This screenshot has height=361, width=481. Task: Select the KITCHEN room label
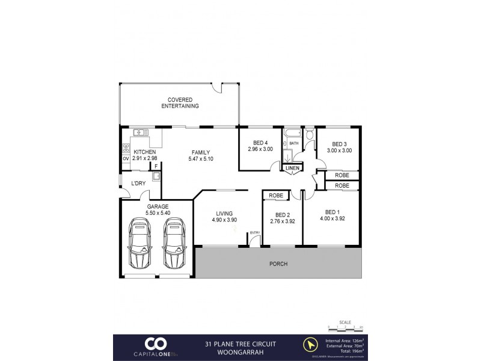[145, 152]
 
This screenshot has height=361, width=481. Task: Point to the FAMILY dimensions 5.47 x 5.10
[201, 158]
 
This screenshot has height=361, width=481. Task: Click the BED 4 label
[260, 142]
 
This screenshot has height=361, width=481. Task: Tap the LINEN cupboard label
[292, 168]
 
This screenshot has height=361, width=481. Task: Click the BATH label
[294, 143]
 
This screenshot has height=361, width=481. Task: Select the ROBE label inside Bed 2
[277, 196]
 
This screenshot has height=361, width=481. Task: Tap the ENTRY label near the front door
[255, 232]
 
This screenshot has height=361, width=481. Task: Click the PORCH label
[278, 264]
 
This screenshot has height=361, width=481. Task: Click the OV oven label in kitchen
[126, 159]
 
